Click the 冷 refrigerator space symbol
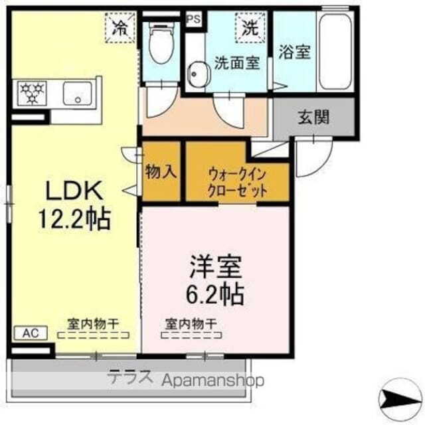point(120,27)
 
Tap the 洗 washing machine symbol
point(250,27)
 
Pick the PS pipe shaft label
point(194,19)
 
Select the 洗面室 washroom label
point(236,64)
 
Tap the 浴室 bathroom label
point(294,52)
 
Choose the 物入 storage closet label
point(161,171)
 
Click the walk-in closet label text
point(238,181)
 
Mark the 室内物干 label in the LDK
point(93,323)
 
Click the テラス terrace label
point(130,379)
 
